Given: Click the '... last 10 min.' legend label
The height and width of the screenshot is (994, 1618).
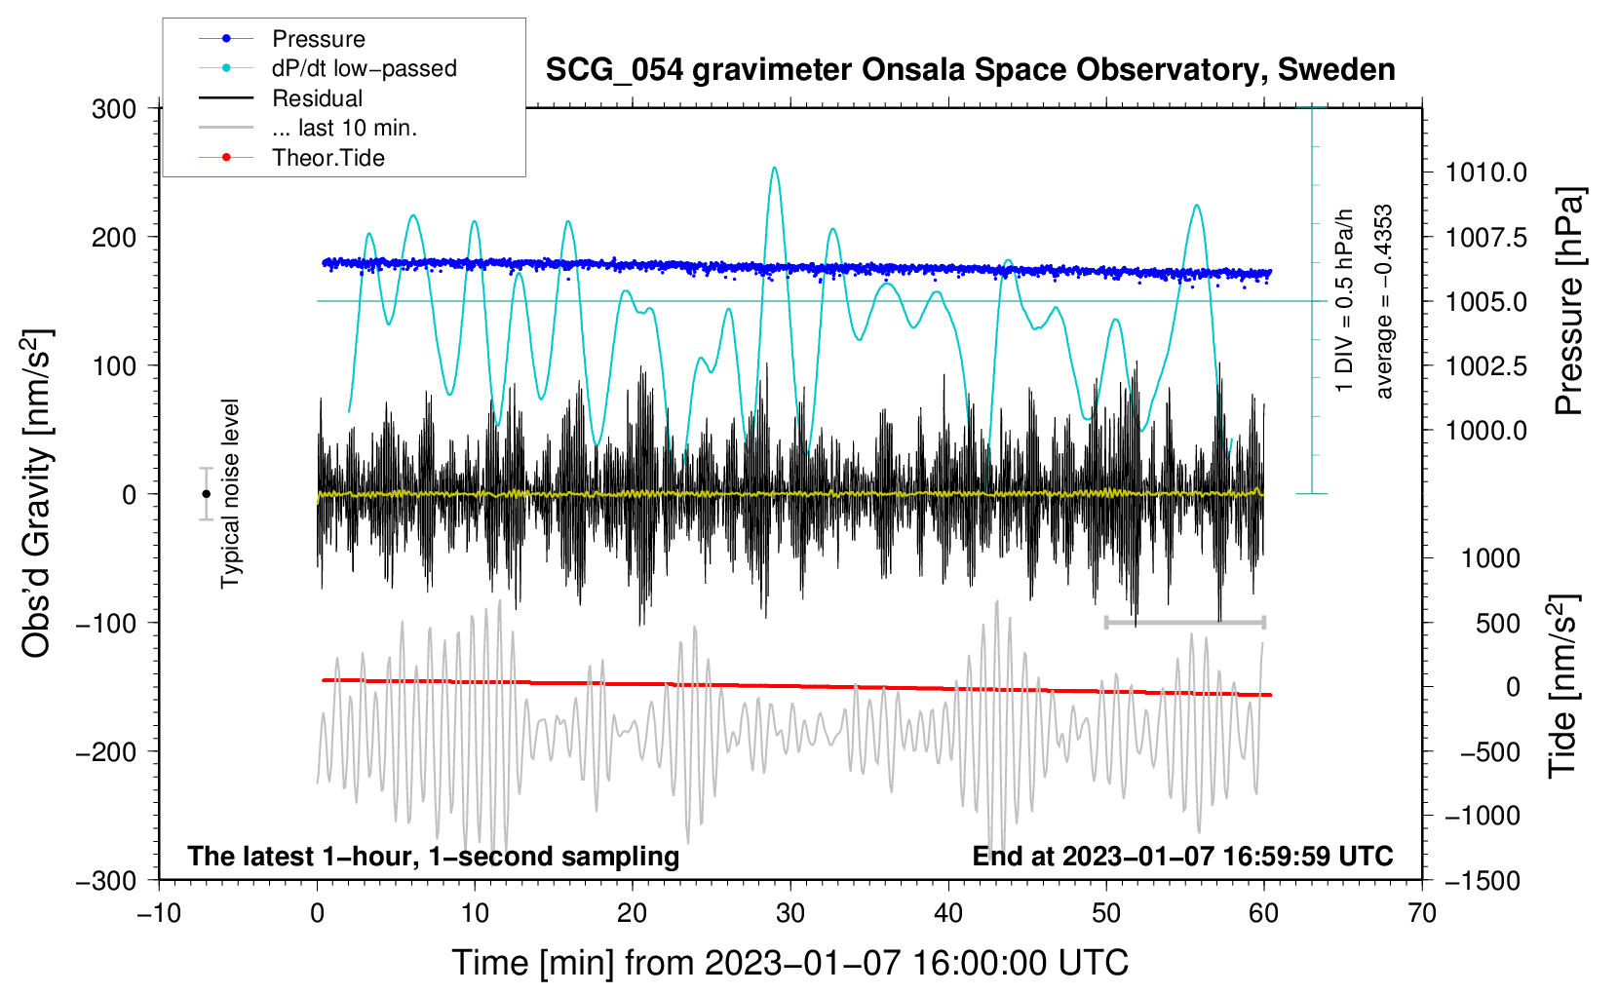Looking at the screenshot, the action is (344, 128).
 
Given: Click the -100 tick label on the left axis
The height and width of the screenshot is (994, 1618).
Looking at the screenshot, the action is (106, 623).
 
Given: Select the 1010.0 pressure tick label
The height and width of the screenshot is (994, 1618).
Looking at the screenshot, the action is (1485, 172).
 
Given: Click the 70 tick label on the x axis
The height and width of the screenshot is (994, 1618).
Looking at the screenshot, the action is (1421, 914).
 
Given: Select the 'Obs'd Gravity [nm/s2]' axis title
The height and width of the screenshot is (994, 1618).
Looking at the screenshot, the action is (36, 493).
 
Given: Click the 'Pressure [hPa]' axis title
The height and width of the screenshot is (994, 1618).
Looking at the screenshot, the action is (1569, 301).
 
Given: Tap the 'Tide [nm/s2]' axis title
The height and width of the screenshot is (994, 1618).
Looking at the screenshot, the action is (1563, 686).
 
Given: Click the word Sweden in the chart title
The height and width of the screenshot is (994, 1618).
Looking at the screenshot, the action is (1336, 70).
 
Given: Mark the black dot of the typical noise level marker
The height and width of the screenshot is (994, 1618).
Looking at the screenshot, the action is (206, 494).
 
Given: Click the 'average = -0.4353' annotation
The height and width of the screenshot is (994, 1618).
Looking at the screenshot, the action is (1383, 301).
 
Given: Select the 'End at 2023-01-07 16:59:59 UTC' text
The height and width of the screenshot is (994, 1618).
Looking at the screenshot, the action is (1182, 856).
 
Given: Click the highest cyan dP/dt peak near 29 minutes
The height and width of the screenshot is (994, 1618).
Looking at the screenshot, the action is (774, 169).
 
